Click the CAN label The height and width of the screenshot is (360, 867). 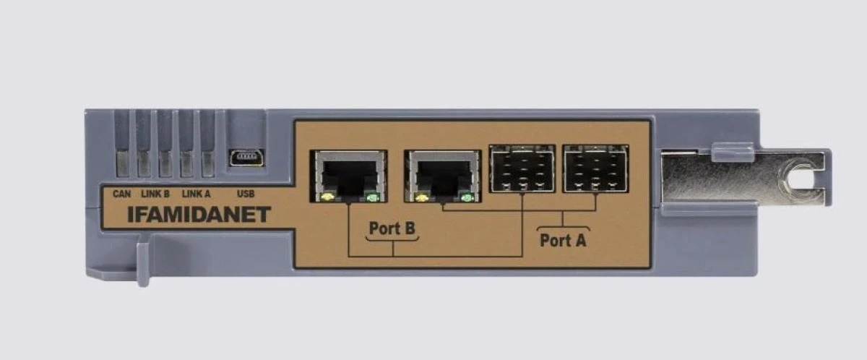[x=121, y=194]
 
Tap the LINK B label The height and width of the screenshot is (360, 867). [x=155, y=194]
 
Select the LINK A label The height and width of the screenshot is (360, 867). [x=197, y=194]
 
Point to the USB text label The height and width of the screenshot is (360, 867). [x=246, y=194]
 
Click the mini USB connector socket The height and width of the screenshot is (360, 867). [x=246, y=158]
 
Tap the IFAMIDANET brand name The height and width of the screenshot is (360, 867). [x=199, y=215]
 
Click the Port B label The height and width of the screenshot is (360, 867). [x=392, y=228]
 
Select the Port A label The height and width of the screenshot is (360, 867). [x=563, y=241]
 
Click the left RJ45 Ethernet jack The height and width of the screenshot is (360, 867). [x=349, y=176]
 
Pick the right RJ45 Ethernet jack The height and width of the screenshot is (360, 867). [x=443, y=176]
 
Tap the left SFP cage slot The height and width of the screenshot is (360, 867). [x=522, y=168]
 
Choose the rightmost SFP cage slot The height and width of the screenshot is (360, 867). [x=595, y=168]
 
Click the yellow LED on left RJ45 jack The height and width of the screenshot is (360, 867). [x=327, y=197]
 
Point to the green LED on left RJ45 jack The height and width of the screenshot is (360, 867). [x=372, y=198]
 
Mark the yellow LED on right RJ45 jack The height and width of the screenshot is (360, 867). [x=421, y=198]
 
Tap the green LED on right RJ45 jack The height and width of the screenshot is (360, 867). [x=467, y=198]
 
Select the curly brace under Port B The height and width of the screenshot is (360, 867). [x=392, y=239]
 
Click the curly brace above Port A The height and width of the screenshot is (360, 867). [x=563, y=228]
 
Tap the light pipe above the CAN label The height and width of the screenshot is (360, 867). [x=123, y=163]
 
